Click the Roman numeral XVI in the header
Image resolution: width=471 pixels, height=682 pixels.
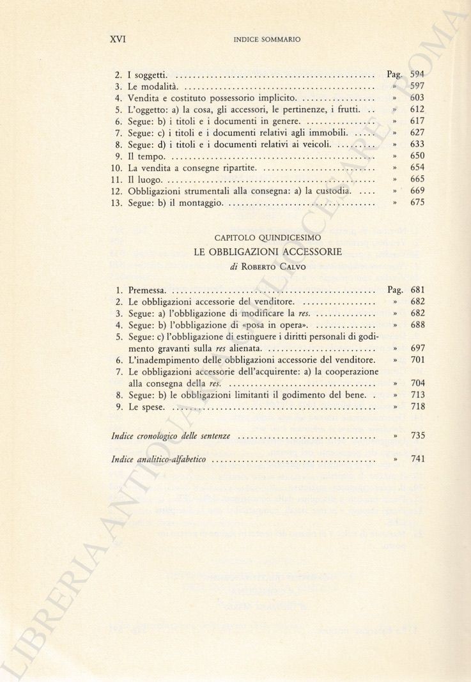point(118,39)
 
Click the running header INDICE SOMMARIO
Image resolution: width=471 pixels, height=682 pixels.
point(267,40)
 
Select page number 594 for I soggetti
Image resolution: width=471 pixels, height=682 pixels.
point(417,75)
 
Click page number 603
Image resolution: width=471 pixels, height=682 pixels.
point(417,98)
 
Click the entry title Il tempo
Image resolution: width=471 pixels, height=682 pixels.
point(146,156)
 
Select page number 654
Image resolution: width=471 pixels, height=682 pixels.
point(417,167)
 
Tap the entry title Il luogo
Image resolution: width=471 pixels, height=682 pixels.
point(144,180)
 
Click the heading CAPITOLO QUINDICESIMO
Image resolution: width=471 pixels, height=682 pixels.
point(268,238)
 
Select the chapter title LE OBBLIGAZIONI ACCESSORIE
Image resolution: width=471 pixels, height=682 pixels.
point(268,252)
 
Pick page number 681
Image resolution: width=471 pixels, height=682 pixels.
point(417,290)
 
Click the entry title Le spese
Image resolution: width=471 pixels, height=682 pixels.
point(146,407)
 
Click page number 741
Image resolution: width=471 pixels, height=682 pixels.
point(417,459)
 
